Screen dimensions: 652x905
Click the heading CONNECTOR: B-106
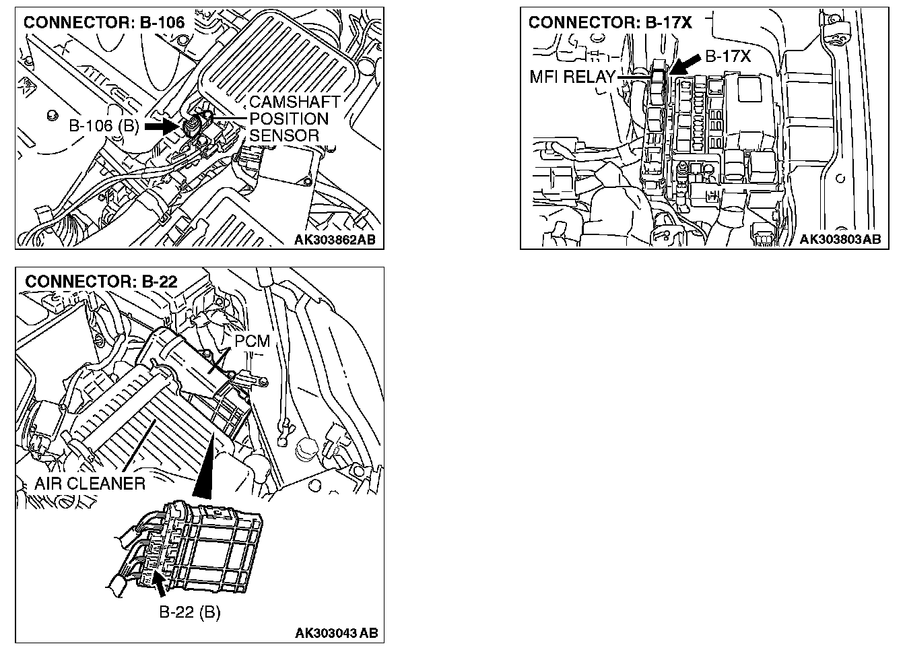coord(104,22)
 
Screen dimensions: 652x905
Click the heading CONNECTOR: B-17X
coord(610,22)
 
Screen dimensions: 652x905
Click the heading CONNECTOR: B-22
coord(101,282)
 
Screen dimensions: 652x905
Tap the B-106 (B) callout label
coord(103,126)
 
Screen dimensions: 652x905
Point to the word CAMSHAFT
coord(294,102)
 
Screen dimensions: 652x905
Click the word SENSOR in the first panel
coord(284,136)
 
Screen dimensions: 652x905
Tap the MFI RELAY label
coord(572,76)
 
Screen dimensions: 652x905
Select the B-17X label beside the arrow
coord(728,57)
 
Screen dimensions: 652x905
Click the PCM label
coord(253,341)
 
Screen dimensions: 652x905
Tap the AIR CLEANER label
coord(90,483)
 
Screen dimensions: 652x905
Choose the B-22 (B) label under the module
coord(189,612)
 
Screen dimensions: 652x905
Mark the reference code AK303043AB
coord(336,633)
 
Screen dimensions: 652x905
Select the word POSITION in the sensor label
coord(289,119)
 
